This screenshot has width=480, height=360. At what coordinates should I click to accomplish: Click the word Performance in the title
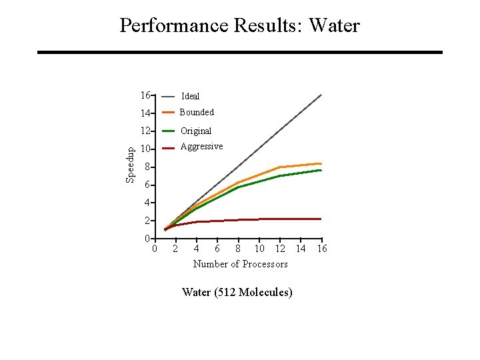[x=175, y=26]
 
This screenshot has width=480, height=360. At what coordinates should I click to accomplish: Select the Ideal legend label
[x=191, y=96]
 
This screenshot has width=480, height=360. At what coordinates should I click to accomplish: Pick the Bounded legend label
[x=197, y=112]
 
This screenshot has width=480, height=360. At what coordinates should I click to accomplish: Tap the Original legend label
[x=196, y=131]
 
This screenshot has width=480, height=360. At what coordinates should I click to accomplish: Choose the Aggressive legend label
[x=201, y=147]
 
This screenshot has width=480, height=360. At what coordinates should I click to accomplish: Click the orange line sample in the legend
[x=169, y=112]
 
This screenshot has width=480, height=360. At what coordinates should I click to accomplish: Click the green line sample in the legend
[x=169, y=131]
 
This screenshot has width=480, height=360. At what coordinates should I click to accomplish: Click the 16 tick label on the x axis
[x=321, y=249]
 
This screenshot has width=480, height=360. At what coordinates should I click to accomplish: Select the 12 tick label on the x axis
[x=280, y=249]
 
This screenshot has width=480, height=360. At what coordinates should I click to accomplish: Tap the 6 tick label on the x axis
[x=217, y=249]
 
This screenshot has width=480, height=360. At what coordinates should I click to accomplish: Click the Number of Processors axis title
[x=240, y=264]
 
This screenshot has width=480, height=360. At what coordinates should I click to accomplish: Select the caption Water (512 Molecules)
[x=237, y=292]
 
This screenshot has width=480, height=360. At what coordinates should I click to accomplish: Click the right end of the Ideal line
[x=321, y=95]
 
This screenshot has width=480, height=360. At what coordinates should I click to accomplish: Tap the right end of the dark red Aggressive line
[x=321, y=219]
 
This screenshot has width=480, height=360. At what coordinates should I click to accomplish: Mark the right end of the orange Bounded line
[x=321, y=163]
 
